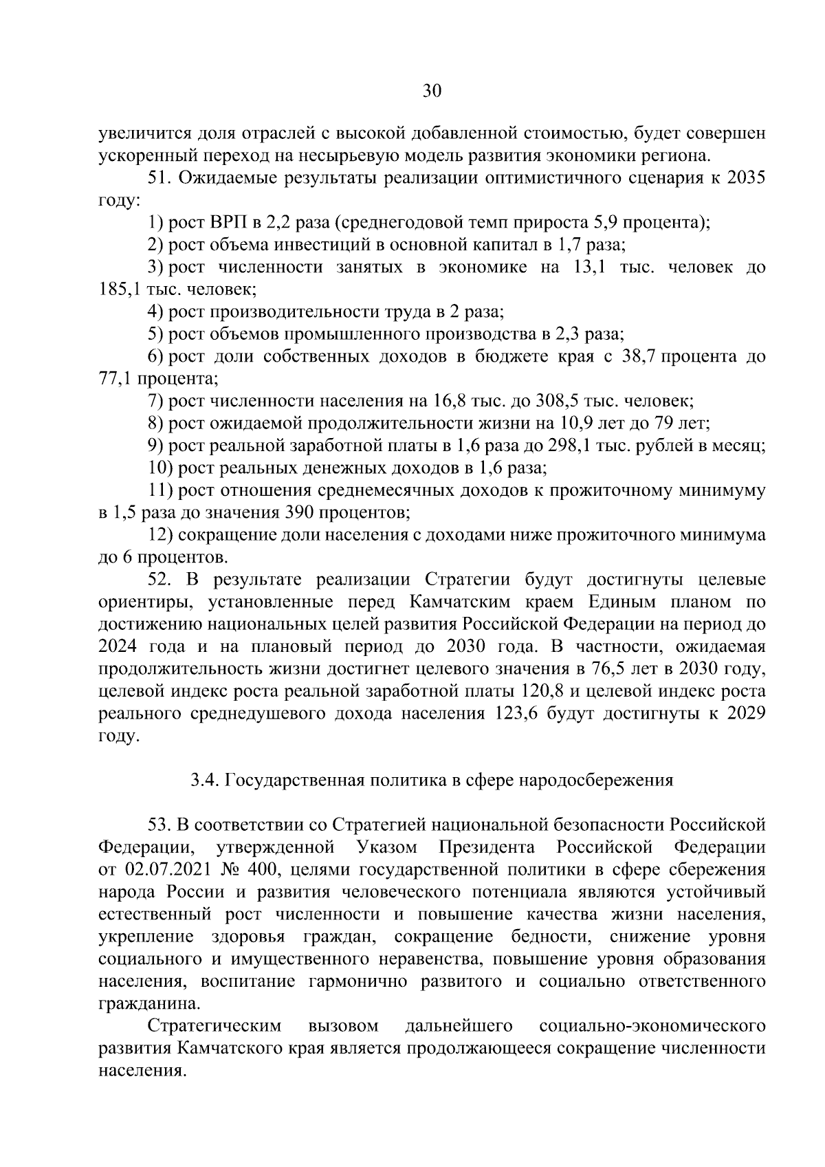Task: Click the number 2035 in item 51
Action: tap(746, 178)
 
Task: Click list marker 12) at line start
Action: tap(161, 535)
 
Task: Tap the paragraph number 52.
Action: tap(159, 580)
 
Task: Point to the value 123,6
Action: tap(516, 714)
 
